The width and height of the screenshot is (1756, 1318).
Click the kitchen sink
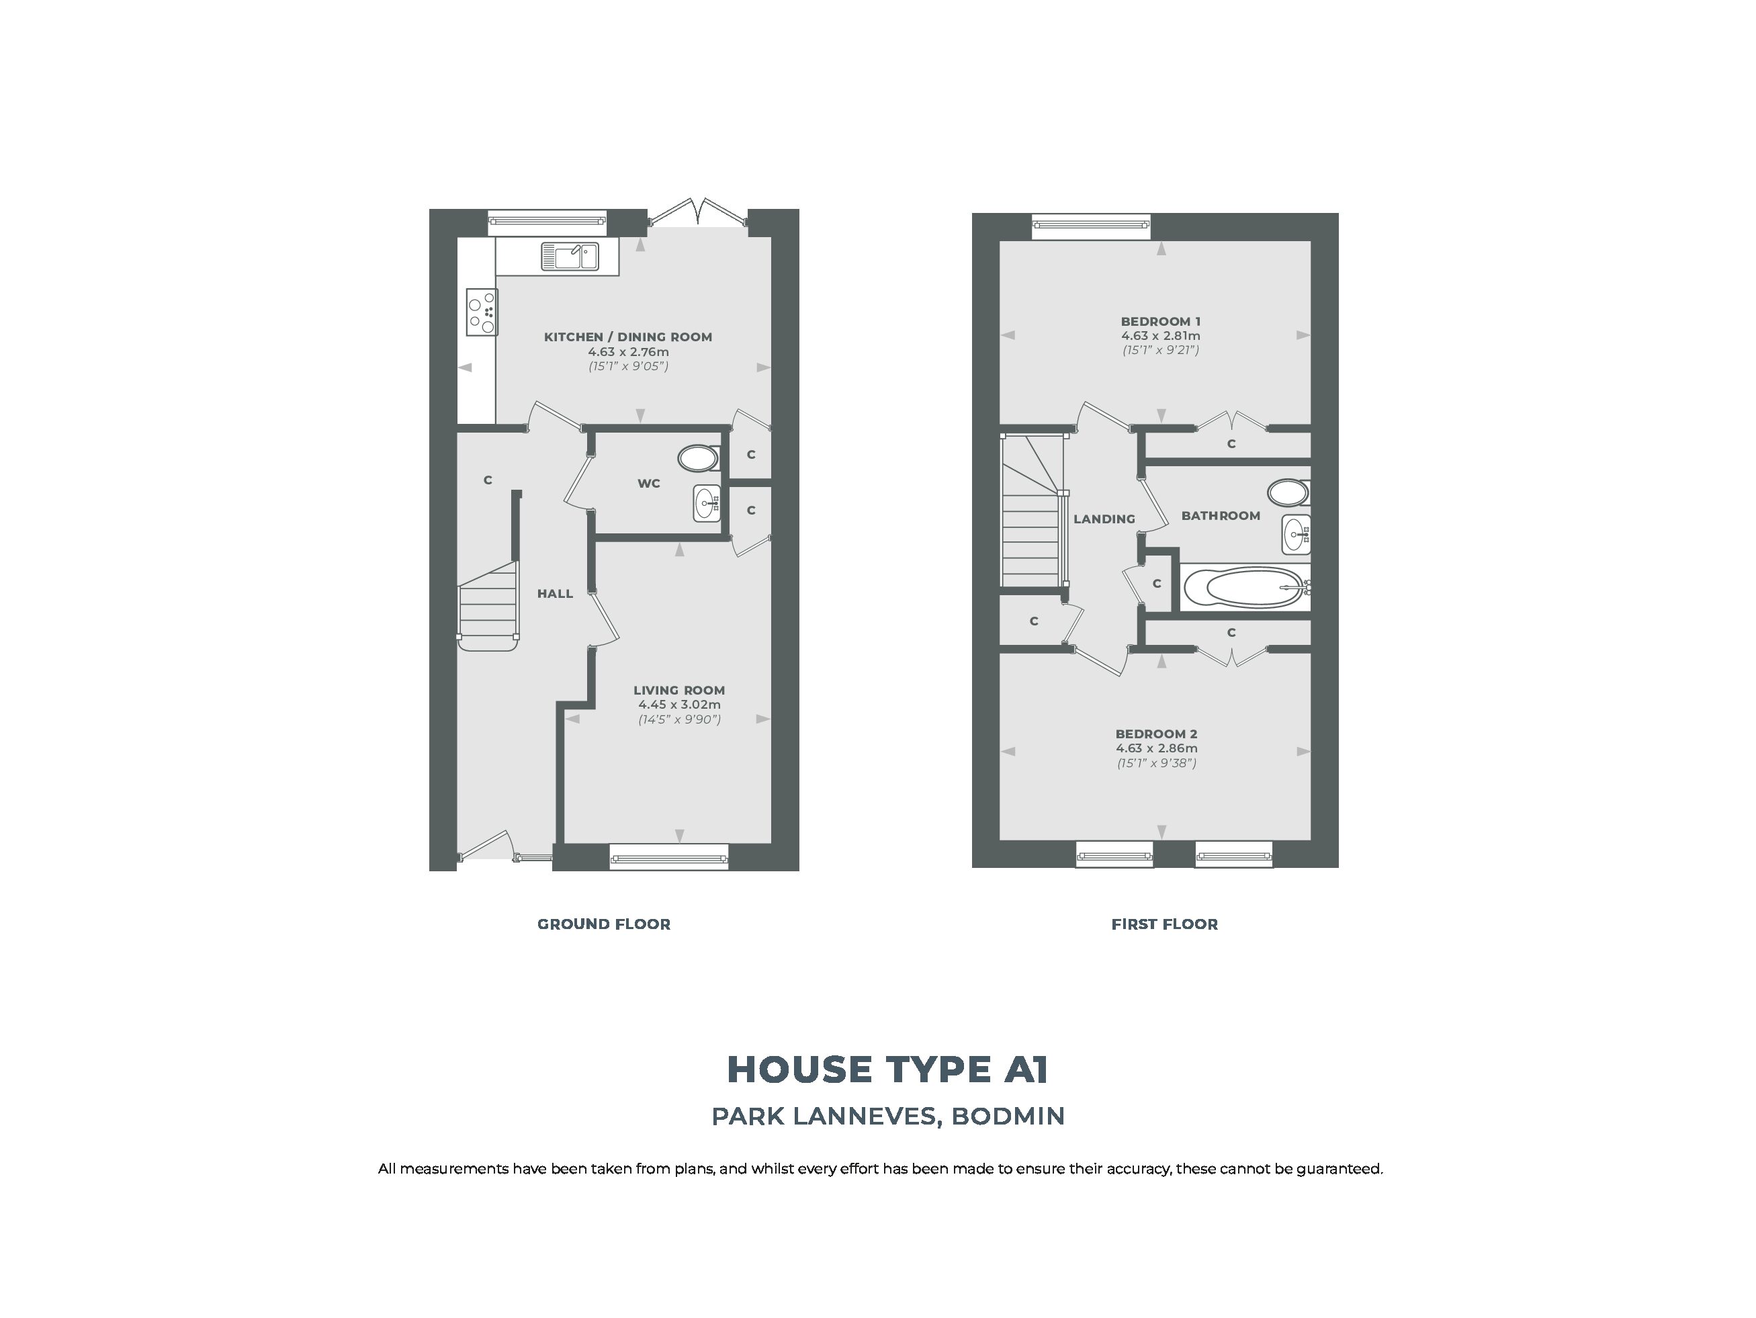click(570, 257)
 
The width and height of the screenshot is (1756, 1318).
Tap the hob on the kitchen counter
click(482, 312)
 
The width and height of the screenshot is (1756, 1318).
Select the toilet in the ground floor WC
click(699, 458)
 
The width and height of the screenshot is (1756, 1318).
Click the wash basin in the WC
click(707, 502)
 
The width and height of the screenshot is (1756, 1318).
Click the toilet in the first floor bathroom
click(1288, 492)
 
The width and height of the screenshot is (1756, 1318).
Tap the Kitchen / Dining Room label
click(628, 337)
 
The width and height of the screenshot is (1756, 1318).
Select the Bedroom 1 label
click(1161, 322)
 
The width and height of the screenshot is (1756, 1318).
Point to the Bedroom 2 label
click(1157, 734)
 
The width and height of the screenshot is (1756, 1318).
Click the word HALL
click(555, 593)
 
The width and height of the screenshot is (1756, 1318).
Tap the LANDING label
click(1104, 519)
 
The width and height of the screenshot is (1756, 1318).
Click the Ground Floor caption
click(604, 924)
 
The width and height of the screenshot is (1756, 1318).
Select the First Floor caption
click(1165, 924)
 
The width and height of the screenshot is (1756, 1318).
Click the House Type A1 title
click(887, 1069)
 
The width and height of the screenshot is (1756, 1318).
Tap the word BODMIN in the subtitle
click(1008, 1116)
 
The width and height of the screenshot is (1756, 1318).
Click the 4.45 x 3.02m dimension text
click(680, 704)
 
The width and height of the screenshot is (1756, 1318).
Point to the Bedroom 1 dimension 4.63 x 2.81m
click(1161, 336)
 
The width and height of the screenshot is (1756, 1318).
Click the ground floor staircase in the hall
click(488, 607)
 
